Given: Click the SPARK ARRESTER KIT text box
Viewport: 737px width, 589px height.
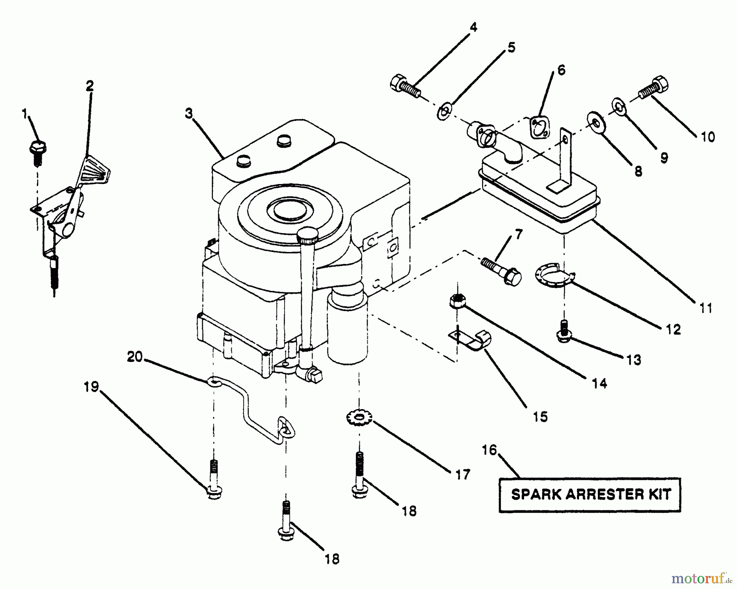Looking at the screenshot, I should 590,495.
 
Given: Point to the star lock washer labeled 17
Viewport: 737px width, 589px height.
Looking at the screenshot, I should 359,419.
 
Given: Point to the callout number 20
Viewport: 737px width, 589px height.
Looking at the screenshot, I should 135,357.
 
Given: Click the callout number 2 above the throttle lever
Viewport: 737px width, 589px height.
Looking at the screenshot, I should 90,86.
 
